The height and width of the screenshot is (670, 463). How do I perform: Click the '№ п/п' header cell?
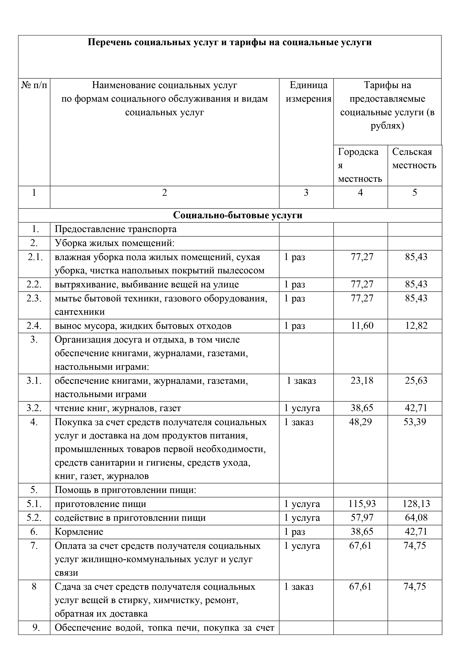coord(34,85)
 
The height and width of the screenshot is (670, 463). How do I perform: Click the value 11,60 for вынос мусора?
coord(362,326)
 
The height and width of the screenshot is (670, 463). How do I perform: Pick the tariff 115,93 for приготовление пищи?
coord(362,504)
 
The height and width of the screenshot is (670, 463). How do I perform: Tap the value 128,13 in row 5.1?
coord(416,504)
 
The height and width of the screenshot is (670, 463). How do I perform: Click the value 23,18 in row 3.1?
coord(362,380)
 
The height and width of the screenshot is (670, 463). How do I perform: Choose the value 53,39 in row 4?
coord(415,422)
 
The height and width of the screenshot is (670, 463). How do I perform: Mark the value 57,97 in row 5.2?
coord(362,518)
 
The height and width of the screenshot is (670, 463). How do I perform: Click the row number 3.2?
coord(34,408)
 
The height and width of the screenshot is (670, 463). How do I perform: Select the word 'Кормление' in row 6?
coord(79,532)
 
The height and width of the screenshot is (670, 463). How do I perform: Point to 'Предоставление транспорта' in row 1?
coord(115,229)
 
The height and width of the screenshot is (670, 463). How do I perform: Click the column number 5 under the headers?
coord(415,193)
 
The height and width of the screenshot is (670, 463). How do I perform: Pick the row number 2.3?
coord(34,298)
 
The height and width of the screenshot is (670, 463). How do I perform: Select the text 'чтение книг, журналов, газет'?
coord(118,408)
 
